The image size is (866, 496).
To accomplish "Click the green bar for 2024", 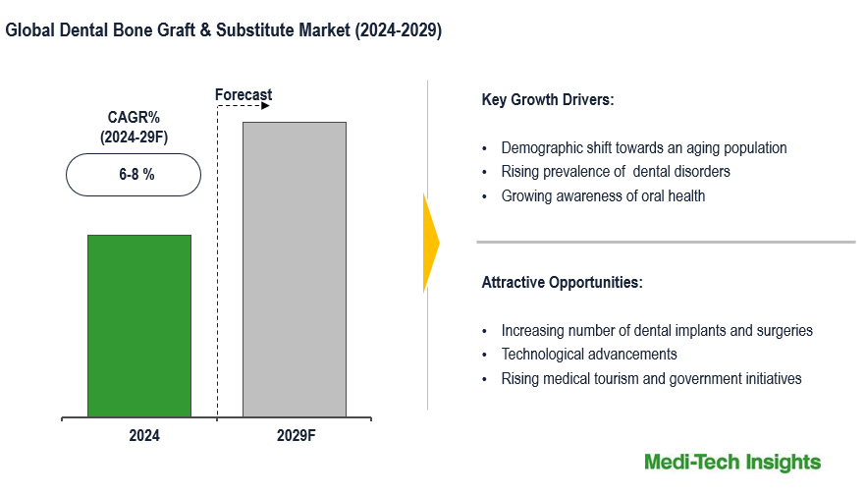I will point(138,326).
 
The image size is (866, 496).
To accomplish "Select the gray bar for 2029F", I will point(295,269).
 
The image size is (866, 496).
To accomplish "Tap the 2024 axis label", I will point(144,435).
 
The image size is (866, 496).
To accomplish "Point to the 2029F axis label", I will point(296,435).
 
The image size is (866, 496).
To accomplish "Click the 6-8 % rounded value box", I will point(134,175).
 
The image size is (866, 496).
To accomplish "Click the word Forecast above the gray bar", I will point(244,95).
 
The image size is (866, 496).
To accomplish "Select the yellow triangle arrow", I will point(430,243).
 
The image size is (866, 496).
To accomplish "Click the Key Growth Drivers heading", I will point(548,100).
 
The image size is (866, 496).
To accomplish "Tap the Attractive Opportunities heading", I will point(562,283).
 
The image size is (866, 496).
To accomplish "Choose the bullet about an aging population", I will point(644,148).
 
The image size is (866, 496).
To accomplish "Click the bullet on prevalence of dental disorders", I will point(616,172).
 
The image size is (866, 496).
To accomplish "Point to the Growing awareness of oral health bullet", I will point(603,195).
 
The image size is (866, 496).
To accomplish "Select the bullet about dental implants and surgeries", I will point(657,331).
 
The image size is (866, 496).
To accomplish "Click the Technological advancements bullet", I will point(589,355).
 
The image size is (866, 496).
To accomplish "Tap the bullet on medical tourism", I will point(651,378).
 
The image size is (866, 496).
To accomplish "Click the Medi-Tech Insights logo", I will point(732,462).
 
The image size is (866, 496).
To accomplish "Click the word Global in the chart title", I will point(28,30).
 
